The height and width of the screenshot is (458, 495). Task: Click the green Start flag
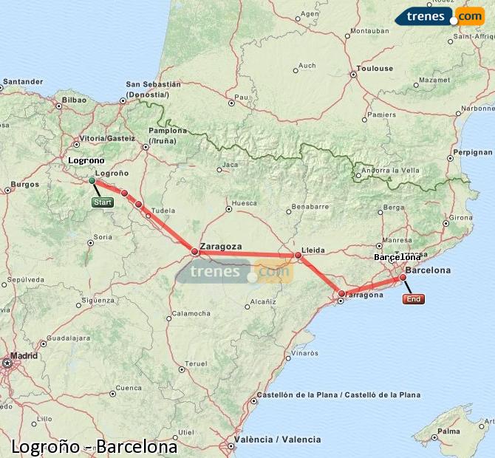tap(103, 202)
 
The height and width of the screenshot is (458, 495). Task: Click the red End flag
tap(414, 299)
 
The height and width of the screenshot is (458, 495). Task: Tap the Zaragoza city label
tap(221, 246)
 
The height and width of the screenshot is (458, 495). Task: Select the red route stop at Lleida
tap(298, 256)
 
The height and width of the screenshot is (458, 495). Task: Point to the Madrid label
tap(24, 355)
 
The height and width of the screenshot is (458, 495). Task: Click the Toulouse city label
tap(375, 69)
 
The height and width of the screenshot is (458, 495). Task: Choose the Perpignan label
tap(471, 152)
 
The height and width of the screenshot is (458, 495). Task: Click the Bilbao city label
tap(75, 100)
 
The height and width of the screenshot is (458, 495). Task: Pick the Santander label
tap(23, 81)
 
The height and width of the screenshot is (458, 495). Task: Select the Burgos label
tap(24, 184)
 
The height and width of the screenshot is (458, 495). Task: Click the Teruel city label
tap(196, 363)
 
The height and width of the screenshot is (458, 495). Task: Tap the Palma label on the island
tap(448, 431)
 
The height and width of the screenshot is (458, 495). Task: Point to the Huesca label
tap(245, 203)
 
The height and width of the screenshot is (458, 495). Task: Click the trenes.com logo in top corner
tap(439, 16)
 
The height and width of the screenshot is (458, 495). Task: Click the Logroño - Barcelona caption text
tap(95, 447)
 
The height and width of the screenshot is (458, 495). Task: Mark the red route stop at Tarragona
tap(341, 294)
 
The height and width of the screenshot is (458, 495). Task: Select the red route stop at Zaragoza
tap(195, 252)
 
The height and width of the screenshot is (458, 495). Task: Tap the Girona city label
tap(460, 217)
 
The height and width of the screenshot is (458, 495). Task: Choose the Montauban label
tap(369, 31)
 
